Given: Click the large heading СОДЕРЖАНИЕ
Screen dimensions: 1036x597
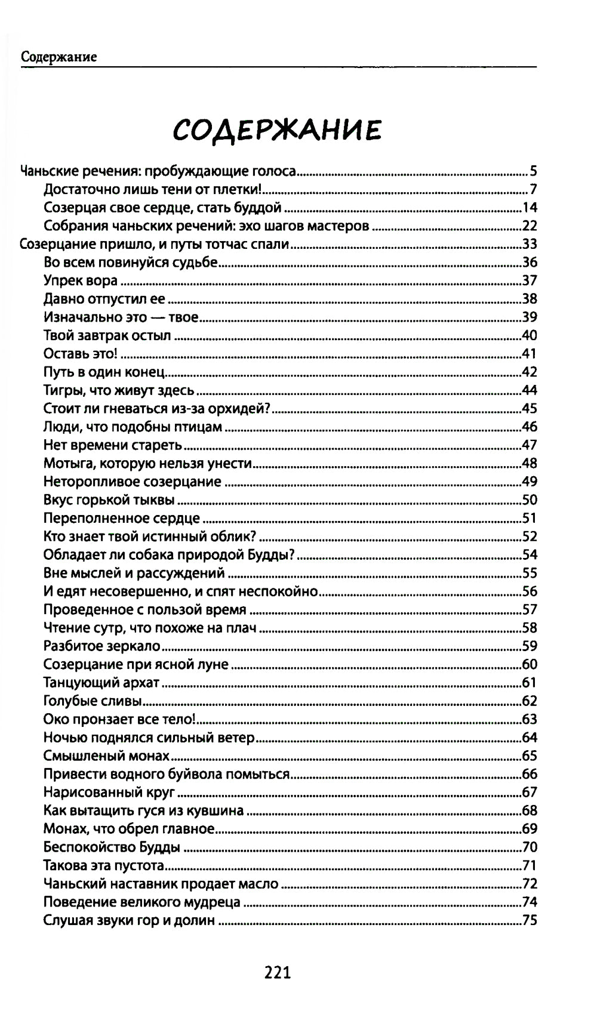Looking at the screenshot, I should click(x=277, y=129).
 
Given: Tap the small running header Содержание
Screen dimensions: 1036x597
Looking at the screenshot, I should click(x=59, y=57).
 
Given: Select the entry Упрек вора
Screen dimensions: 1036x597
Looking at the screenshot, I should click(x=80, y=280).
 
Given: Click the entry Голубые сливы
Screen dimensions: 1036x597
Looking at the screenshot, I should click(x=92, y=701).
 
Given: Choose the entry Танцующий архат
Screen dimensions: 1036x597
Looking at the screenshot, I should click(x=101, y=683).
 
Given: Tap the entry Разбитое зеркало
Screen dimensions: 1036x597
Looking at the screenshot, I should click(x=102, y=646).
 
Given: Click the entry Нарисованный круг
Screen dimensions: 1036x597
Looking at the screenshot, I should click(x=109, y=793).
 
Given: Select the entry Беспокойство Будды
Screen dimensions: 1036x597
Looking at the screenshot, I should click(x=112, y=847).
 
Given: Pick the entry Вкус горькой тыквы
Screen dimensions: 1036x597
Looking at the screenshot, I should click(x=109, y=500).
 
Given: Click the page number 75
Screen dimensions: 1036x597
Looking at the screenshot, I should click(x=530, y=920).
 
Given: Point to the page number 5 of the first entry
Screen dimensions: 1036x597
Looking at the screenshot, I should click(x=533, y=171).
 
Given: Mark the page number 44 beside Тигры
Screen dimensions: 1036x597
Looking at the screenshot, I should click(x=530, y=390).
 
